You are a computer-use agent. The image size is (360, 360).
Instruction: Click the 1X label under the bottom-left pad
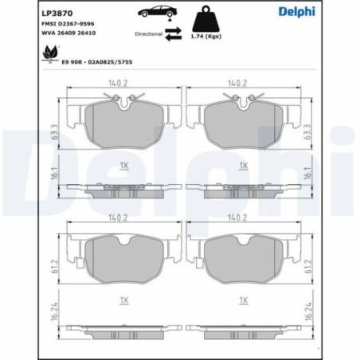pos(123,299)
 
